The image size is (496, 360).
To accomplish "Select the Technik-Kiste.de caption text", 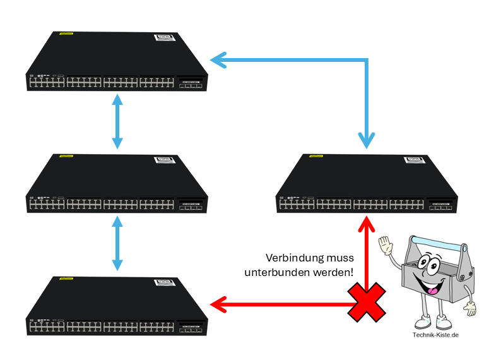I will point(435,335).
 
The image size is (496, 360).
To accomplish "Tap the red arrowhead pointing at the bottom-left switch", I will point(218,305).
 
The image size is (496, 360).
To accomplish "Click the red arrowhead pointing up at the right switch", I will point(367,223).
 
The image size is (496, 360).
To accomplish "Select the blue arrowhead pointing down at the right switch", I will point(367,140).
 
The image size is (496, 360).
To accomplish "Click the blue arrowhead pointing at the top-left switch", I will point(218,61).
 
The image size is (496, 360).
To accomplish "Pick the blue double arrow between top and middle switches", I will point(117,121).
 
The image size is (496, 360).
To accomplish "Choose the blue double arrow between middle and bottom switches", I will point(117,243).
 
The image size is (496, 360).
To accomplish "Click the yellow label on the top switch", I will point(66,34).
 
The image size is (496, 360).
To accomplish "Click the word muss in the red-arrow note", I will point(341,258).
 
